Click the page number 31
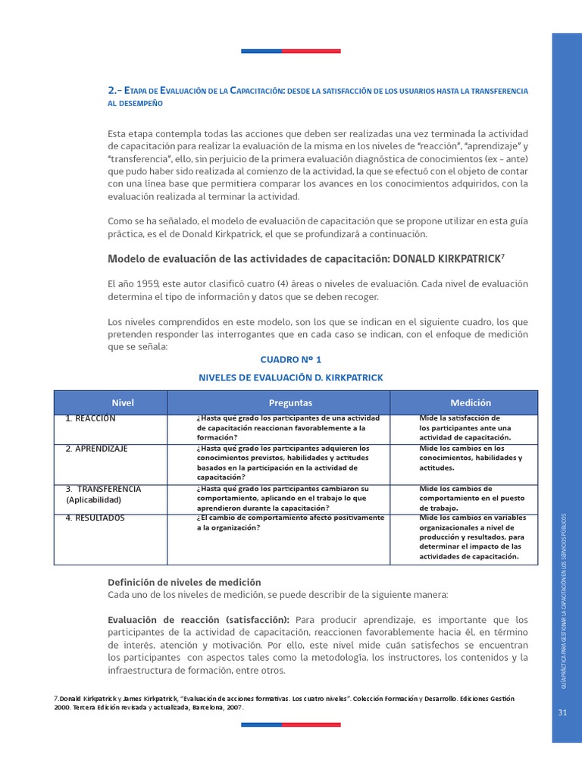(x=562, y=712)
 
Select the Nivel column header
(x=123, y=403)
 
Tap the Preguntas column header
(x=290, y=403)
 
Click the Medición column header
(x=470, y=403)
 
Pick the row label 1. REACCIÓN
(x=91, y=418)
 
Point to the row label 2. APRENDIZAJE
(x=97, y=449)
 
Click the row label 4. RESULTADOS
(x=95, y=518)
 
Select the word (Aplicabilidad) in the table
(x=93, y=500)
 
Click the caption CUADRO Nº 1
(x=290, y=360)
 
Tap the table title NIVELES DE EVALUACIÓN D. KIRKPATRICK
(x=290, y=377)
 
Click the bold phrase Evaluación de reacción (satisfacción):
(x=199, y=619)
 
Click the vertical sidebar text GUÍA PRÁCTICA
(x=562, y=599)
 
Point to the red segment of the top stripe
(x=311, y=51)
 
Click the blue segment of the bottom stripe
(x=261, y=724)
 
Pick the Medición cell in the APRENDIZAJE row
(x=470, y=458)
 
